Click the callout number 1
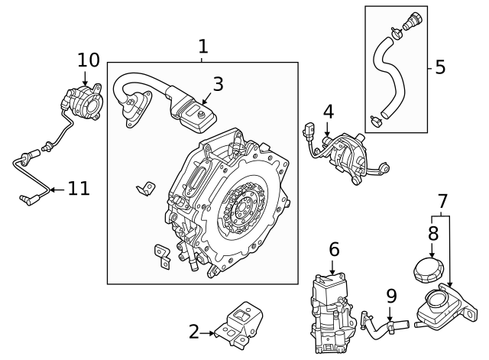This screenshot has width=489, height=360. tap(202, 47)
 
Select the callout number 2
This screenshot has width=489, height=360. tap(194, 331)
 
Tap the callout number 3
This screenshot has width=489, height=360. tap(218, 84)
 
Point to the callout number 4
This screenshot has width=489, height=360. tap(328, 112)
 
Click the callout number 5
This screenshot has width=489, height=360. tap(439, 67)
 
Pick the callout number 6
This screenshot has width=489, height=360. tap(333, 249)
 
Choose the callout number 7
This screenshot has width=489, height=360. tap(442, 203)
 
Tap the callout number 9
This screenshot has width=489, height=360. tap(390, 295)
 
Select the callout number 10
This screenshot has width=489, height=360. tap(89, 60)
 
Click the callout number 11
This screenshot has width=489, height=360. tap(79, 188)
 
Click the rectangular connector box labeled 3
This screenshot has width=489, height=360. tap(196, 114)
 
